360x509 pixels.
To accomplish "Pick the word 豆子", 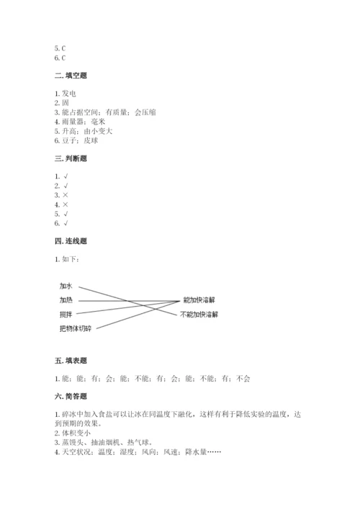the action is tap(70, 140).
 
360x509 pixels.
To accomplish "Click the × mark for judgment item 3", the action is tap(66, 195).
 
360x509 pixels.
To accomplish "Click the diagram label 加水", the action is tap(66, 285).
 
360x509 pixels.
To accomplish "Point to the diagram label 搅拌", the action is tap(66, 315).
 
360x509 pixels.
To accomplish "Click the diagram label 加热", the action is tap(66, 299).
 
